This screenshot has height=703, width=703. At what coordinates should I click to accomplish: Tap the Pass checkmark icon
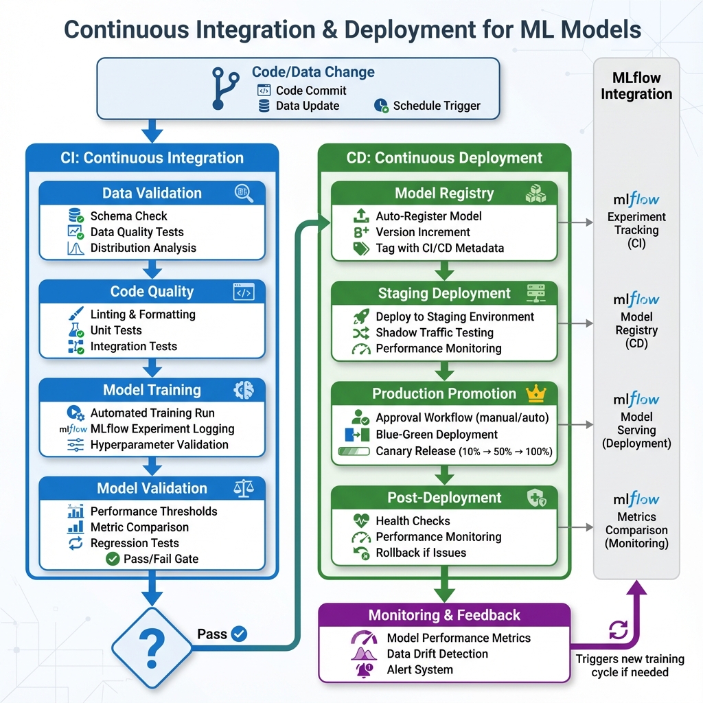point(239,634)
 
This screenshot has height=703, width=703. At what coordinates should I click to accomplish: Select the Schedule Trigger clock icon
point(381,106)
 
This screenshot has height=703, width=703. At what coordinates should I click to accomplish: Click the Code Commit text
point(311,91)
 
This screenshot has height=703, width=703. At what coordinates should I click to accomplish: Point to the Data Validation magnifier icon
point(244,193)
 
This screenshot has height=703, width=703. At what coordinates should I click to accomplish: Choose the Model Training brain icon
point(244,390)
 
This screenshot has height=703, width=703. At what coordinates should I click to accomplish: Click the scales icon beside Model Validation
point(244,488)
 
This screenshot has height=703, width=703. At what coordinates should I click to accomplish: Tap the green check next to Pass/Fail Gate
point(113,559)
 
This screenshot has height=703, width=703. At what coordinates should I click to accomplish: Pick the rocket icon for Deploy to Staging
point(361,316)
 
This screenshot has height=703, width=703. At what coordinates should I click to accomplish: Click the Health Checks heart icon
point(361,521)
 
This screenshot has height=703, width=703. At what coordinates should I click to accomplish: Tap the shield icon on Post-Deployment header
point(535,498)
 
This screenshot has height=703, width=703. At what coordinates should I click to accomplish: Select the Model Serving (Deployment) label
point(636,430)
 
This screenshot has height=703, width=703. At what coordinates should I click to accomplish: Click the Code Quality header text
point(152,292)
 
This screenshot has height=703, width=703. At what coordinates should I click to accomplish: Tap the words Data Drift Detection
point(437,654)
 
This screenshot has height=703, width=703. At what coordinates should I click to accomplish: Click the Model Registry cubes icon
point(535,194)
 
